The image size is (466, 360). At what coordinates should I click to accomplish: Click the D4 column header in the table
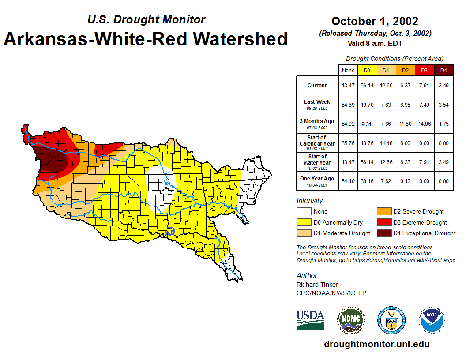click(x=443, y=71)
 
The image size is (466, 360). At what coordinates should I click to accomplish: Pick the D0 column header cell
click(x=367, y=71)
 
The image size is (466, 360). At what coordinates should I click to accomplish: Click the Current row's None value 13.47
click(x=348, y=86)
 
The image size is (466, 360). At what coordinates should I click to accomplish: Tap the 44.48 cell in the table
click(x=386, y=143)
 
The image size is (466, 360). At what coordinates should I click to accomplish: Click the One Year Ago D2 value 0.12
click(x=405, y=181)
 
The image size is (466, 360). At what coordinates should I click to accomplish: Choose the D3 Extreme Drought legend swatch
click(x=383, y=222)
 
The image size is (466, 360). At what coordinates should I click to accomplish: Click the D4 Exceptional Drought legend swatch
click(x=383, y=233)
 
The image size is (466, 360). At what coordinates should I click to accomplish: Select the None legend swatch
click(x=304, y=212)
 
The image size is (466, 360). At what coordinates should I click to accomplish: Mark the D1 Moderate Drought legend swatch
click(x=304, y=233)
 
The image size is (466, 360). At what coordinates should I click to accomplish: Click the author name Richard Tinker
click(x=317, y=285)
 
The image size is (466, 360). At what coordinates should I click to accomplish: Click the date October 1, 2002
click(x=375, y=21)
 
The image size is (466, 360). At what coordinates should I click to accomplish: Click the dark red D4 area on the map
click(x=55, y=161)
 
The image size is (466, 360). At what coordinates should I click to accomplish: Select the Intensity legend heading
click(x=310, y=201)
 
